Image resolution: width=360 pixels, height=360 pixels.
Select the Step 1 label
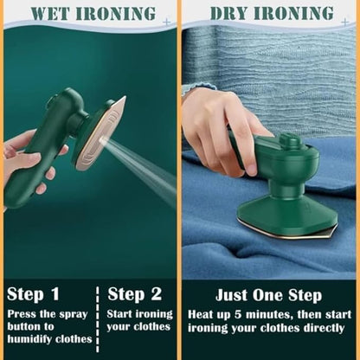pyautogui.click(x=32, y=294)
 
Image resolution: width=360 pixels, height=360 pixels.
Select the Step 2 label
pyautogui.click(x=133, y=294)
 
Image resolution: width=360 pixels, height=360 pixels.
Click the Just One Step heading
pyautogui.click(x=269, y=294)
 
